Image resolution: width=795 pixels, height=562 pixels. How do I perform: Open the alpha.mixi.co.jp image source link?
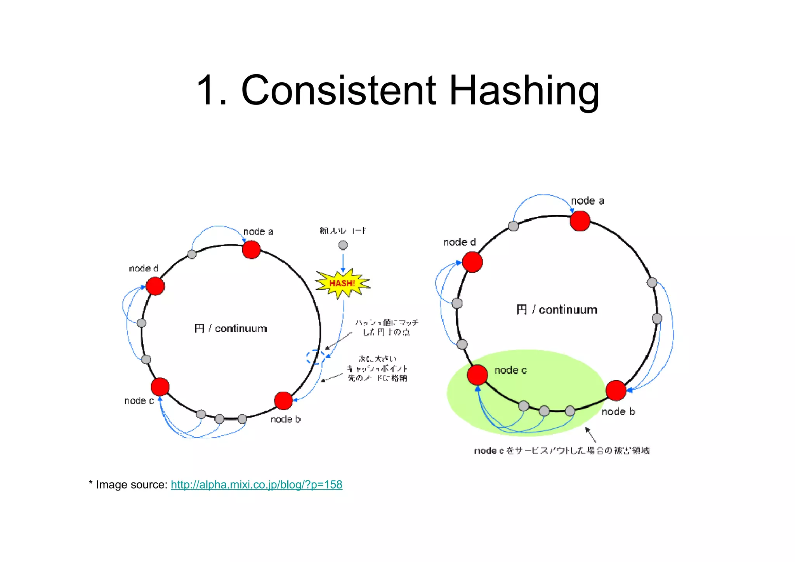256,485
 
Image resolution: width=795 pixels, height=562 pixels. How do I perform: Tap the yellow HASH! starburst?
342,283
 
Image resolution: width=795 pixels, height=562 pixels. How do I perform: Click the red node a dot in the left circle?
251,249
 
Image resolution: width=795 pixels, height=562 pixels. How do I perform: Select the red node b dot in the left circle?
283,401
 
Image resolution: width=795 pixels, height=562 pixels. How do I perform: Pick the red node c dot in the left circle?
160,386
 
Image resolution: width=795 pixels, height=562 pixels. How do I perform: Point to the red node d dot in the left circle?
155,286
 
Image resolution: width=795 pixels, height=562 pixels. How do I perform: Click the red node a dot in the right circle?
580,221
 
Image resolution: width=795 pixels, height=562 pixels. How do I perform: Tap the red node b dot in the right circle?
616,390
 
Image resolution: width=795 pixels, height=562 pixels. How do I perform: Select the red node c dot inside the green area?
477,375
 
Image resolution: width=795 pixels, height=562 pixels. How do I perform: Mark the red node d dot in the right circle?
472,262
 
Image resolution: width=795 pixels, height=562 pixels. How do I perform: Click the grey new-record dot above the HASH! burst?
343,245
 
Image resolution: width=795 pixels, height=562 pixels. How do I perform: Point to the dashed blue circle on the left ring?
315,357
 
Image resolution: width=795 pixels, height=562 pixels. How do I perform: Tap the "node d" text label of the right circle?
459,242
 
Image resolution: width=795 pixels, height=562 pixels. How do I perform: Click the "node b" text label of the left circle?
286,419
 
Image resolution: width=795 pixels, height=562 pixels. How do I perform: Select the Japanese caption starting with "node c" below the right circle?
562,451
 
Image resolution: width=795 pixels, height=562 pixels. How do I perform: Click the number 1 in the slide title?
207,91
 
